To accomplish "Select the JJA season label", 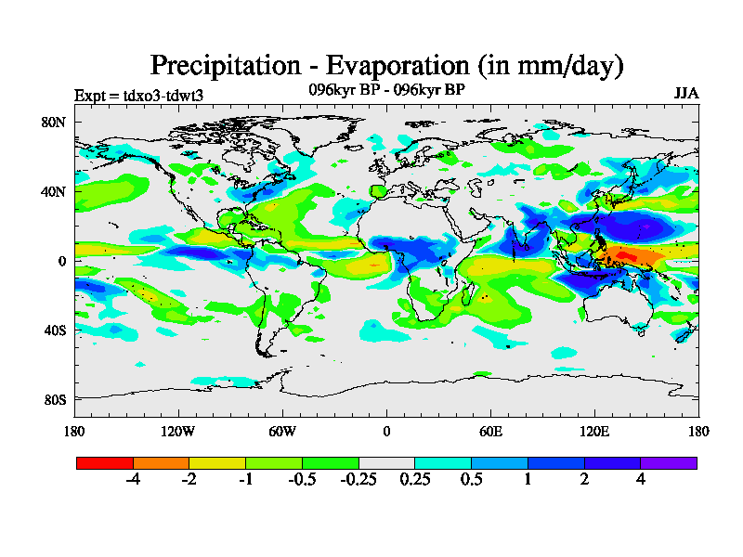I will click(x=686, y=94).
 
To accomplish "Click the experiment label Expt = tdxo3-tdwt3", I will click(x=138, y=95).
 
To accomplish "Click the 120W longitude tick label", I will click(x=177, y=431).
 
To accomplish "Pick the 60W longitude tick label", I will click(x=281, y=431).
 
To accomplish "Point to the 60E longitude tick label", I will click(x=490, y=431).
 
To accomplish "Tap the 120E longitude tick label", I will click(x=594, y=431).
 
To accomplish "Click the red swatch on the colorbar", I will click(x=105, y=462).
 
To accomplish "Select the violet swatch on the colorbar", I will click(x=669, y=462).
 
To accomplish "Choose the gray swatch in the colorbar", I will click(x=386, y=462).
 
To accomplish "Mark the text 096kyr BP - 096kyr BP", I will click(x=386, y=89).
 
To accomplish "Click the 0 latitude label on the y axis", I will click(x=61, y=261).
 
